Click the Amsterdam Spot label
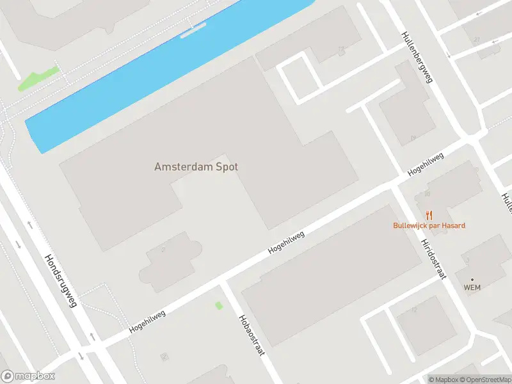[x=196, y=167]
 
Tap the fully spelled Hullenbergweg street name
[x=417, y=58]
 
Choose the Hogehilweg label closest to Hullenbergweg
[x=426, y=164]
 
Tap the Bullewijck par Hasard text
[x=429, y=225]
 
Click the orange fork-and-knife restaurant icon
[x=429, y=215]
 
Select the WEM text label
[x=472, y=288]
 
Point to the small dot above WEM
[x=472, y=280]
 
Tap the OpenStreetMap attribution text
[x=487, y=380]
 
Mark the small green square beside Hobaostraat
[x=219, y=306]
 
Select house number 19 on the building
[x=413, y=138]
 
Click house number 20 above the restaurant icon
[x=427, y=193]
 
